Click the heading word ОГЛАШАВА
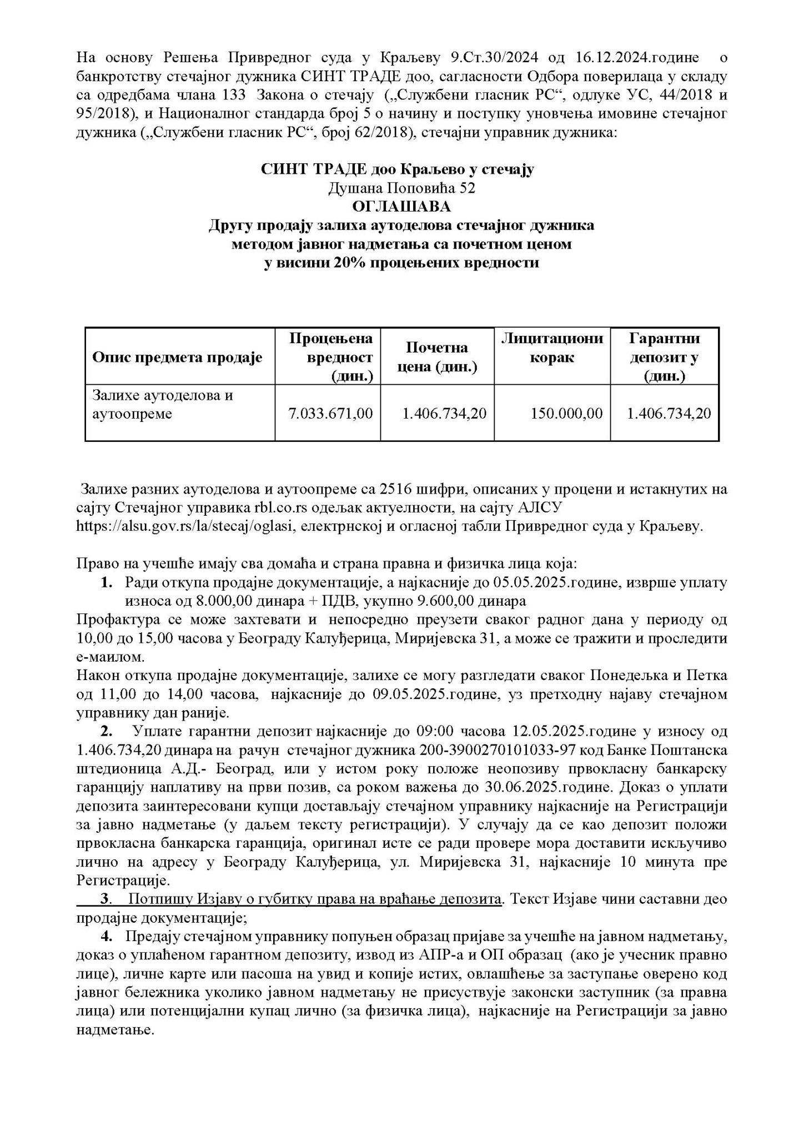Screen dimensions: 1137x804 tap(401, 207)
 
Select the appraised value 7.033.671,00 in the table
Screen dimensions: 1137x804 tap(331, 414)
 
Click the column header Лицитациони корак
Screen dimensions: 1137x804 tap(552, 348)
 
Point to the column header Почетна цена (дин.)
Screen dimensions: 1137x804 tap(436, 358)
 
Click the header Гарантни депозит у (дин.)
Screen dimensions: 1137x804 tap(664, 358)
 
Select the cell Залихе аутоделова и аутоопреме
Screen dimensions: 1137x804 tap(163, 405)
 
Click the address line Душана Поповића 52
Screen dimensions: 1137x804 tap(401, 188)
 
